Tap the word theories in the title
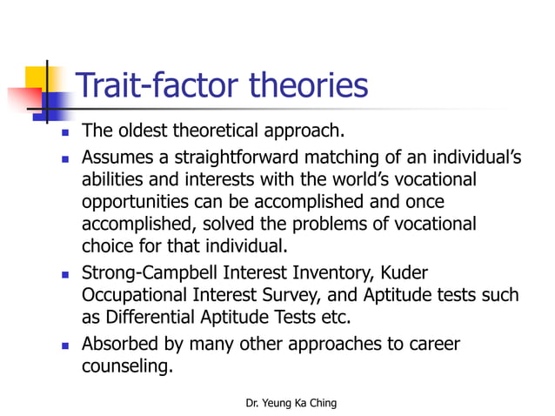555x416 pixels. point(308,85)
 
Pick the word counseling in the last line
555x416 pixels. point(126,366)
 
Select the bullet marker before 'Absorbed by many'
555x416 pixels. point(64,345)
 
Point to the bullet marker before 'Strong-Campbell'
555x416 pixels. point(64,273)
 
